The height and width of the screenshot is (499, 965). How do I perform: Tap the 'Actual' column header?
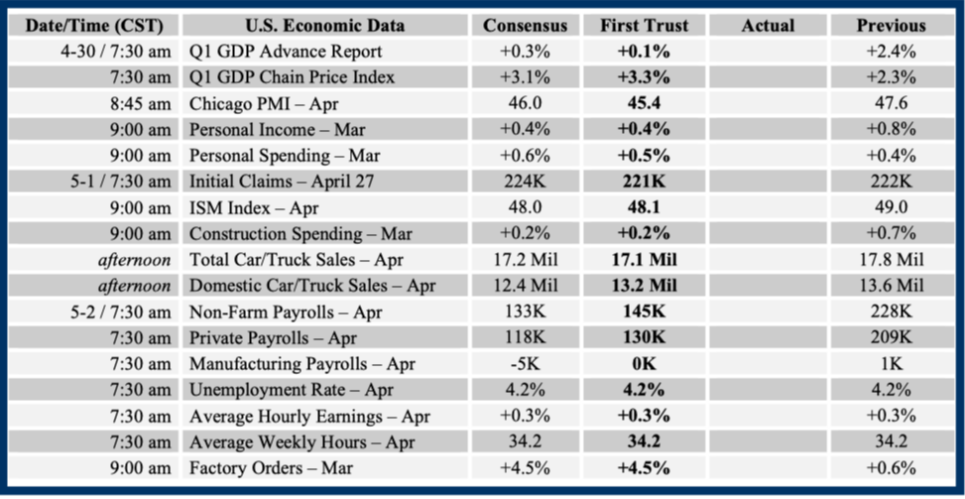coord(768,25)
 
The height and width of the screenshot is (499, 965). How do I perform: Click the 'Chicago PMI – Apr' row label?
coord(260,103)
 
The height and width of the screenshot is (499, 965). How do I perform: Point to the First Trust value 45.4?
coord(643,103)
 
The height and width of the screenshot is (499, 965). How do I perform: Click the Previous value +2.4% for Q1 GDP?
coord(890,52)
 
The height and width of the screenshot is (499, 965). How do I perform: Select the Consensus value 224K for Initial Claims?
coord(525,182)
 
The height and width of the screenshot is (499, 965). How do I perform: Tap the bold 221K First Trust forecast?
coord(643,182)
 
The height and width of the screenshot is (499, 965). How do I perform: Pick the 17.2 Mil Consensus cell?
coord(525,260)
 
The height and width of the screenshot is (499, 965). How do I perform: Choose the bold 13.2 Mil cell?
coord(643,286)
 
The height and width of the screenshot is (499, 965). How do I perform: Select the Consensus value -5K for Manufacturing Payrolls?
coord(525,364)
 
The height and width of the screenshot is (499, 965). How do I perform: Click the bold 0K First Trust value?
coord(643,364)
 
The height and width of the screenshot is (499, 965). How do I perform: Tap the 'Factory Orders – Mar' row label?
coord(270,468)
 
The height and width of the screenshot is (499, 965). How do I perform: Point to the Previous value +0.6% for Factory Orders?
coord(890,468)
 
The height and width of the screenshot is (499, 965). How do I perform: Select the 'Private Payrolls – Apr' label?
coord(274,338)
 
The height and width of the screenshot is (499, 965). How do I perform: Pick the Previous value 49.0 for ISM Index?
coord(890,208)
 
